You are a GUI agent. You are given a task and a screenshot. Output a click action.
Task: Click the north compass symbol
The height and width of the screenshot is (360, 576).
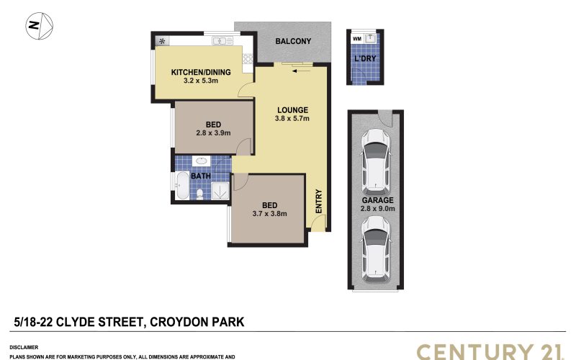(x=40, y=26)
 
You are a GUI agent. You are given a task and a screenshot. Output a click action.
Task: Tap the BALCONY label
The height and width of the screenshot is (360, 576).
(x=293, y=41)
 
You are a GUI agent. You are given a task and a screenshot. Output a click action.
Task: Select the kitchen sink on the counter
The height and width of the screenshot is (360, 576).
(x=222, y=41)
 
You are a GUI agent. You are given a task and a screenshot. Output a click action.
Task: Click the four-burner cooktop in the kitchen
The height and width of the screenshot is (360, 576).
(x=248, y=59)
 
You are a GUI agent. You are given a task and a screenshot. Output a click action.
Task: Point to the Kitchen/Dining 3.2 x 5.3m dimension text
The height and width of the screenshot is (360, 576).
(x=201, y=81)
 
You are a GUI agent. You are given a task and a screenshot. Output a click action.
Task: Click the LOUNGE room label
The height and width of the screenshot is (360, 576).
(x=292, y=110)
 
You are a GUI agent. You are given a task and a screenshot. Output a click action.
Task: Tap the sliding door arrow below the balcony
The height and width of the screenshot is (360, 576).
(x=300, y=71)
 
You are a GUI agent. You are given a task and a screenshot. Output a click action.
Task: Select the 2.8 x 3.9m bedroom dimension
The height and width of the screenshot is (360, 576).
(x=213, y=133)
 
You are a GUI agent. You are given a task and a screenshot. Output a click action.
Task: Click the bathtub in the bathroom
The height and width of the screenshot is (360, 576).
(x=182, y=186)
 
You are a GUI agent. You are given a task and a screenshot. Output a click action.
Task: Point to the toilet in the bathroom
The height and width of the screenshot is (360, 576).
(x=200, y=194)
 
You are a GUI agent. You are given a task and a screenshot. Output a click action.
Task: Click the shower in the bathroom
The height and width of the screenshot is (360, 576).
(x=220, y=191)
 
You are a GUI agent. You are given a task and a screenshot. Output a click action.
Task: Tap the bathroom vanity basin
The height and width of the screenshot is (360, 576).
(x=201, y=161)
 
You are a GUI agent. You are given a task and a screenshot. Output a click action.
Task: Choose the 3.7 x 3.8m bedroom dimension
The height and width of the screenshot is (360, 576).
(x=269, y=213)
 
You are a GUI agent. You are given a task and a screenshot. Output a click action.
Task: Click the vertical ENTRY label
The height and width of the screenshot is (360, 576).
(x=318, y=201)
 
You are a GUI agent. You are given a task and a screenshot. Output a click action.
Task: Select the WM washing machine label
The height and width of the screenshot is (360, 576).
(x=356, y=39)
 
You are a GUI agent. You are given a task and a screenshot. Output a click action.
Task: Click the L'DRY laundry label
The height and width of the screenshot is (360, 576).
(x=365, y=58)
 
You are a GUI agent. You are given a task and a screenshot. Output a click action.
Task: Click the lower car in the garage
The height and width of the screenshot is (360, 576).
(x=375, y=248)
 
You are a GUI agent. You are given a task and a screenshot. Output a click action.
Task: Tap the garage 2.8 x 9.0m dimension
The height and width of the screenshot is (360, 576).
(x=377, y=209)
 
